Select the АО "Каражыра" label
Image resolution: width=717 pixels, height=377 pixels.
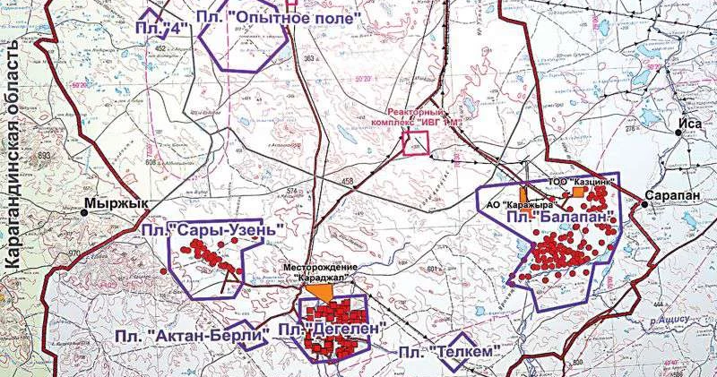pos(516,204)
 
